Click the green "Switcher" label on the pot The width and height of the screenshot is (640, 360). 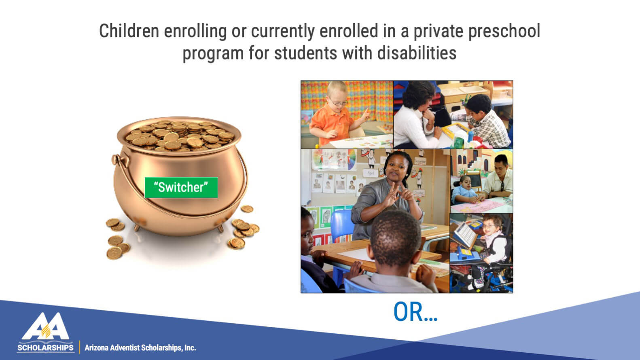click(181, 187)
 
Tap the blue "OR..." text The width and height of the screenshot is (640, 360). click(415, 312)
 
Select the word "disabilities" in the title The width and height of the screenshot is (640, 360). click(417, 53)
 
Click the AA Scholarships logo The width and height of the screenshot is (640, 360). click(46, 332)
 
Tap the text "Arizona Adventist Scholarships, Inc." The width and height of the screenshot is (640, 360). click(140, 348)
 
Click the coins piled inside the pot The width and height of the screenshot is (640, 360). click(180, 136)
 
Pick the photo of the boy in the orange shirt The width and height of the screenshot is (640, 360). click(347, 114)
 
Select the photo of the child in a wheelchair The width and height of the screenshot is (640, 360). click(481, 253)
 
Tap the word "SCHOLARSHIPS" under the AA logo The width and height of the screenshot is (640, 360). click(45, 348)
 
